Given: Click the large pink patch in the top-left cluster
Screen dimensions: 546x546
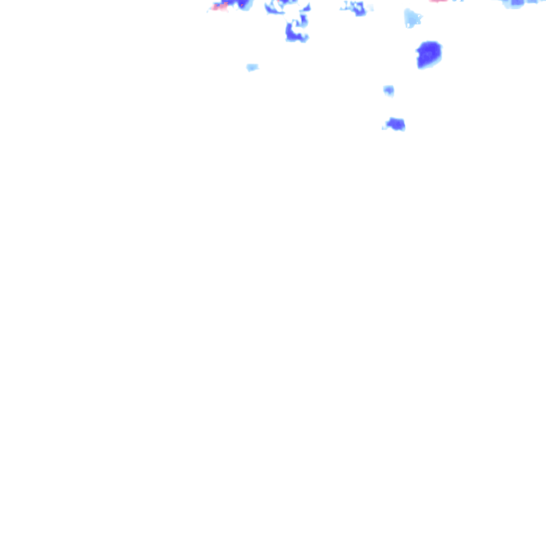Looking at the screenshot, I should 219,7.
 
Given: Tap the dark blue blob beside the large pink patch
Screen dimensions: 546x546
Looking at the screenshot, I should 244,4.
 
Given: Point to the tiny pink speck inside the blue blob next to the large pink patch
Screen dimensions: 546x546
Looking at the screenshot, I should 242,5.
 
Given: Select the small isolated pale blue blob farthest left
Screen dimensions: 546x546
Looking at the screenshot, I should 252,67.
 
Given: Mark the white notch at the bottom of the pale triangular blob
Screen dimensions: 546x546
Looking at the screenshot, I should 408,25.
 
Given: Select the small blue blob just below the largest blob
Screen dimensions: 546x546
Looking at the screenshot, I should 389,90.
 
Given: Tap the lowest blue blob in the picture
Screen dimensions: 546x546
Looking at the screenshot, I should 396,124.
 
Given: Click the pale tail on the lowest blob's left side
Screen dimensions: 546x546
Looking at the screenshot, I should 385,127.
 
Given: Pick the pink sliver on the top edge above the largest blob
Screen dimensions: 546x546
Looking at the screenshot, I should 438,1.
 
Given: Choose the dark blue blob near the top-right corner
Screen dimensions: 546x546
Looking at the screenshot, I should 517,3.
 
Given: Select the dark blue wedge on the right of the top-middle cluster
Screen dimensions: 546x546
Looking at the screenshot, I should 306,7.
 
